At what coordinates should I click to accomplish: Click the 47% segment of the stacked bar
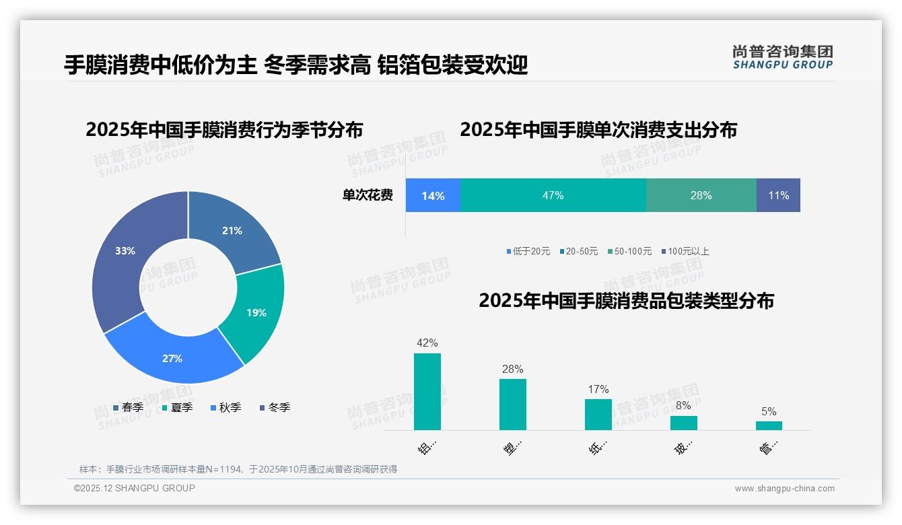(x=553, y=195)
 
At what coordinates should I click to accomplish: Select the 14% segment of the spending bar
(x=433, y=195)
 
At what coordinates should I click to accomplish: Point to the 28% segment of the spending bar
(x=701, y=195)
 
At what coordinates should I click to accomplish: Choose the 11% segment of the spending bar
(x=778, y=195)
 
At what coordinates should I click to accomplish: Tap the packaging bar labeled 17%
(x=598, y=415)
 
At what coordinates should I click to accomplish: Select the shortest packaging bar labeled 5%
(x=769, y=425)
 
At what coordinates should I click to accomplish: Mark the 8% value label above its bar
(x=683, y=406)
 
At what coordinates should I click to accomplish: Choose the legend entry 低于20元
(x=528, y=251)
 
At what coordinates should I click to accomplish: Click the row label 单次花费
(x=368, y=195)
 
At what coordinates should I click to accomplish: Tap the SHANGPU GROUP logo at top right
(x=782, y=57)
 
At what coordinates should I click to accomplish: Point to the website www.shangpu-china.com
(x=784, y=488)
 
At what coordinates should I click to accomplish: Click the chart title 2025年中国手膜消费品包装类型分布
(x=626, y=301)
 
